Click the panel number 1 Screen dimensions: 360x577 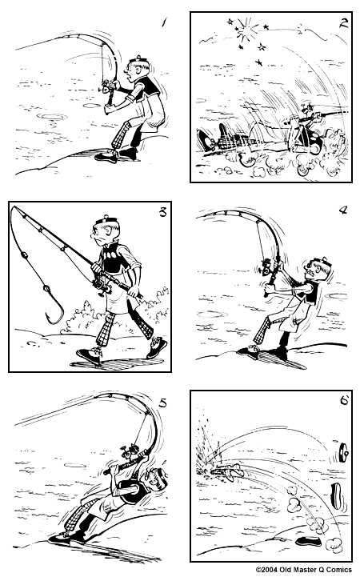164,22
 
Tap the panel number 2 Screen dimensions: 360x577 342,23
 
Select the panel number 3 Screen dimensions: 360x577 163,213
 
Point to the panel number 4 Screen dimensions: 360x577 342,211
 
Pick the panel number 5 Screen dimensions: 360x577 162,403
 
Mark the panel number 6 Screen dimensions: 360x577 344,400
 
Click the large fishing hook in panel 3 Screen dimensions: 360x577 54,307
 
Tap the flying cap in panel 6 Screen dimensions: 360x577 344,451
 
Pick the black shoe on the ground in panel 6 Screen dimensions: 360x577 308,541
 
